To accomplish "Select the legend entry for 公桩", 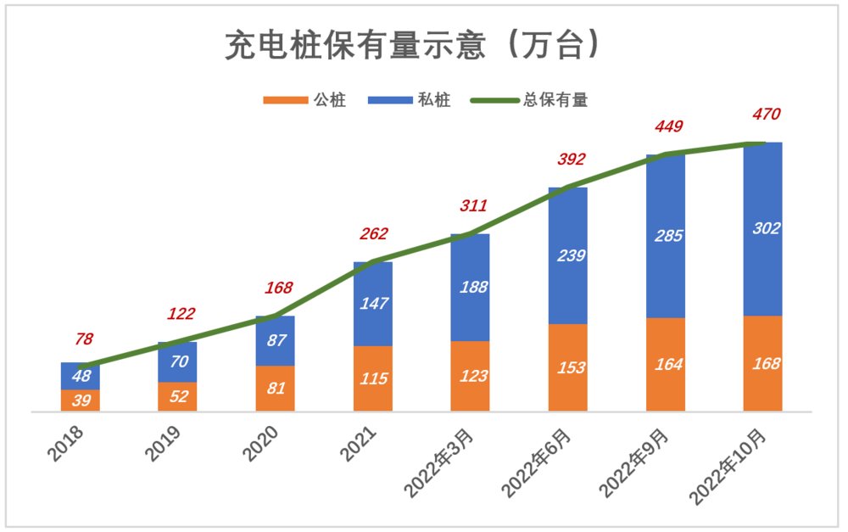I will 305,100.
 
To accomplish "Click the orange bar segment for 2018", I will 81,400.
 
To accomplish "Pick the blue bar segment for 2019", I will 177,362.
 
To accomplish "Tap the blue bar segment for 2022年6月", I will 567,255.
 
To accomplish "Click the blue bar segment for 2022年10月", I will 762,228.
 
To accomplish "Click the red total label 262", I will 374,233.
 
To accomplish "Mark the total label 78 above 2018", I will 84,339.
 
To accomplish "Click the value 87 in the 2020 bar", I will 275,340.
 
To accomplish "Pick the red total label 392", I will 571,160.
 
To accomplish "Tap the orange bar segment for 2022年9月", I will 665,365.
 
